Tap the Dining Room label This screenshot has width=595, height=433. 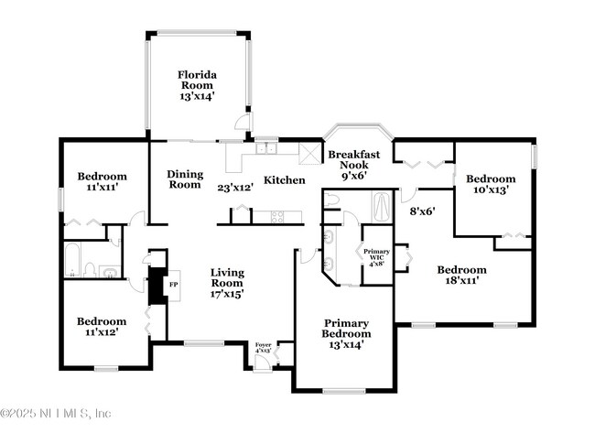pyautogui.click(x=185, y=179)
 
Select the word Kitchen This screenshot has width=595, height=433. pyautogui.click(x=284, y=180)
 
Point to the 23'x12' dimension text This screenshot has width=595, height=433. pyautogui.click(x=235, y=188)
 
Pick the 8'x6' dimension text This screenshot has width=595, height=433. pyautogui.click(x=421, y=211)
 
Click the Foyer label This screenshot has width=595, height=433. pyautogui.click(x=263, y=347)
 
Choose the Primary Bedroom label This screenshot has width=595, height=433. pyautogui.click(x=346, y=335)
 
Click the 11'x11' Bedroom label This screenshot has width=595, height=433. pyautogui.click(x=102, y=180)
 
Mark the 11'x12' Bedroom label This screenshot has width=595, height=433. pyautogui.click(x=101, y=327)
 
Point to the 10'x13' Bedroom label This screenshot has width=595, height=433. pyautogui.click(x=491, y=184)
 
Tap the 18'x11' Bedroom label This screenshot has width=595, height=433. pyautogui.click(x=460, y=276)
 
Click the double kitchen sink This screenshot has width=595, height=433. pyautogui.click(x=266, y=149)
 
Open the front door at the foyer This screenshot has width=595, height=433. pyautogui.click(x=262, y=364)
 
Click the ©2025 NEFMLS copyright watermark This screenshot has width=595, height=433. pyautogui.click(x=56, y=413)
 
